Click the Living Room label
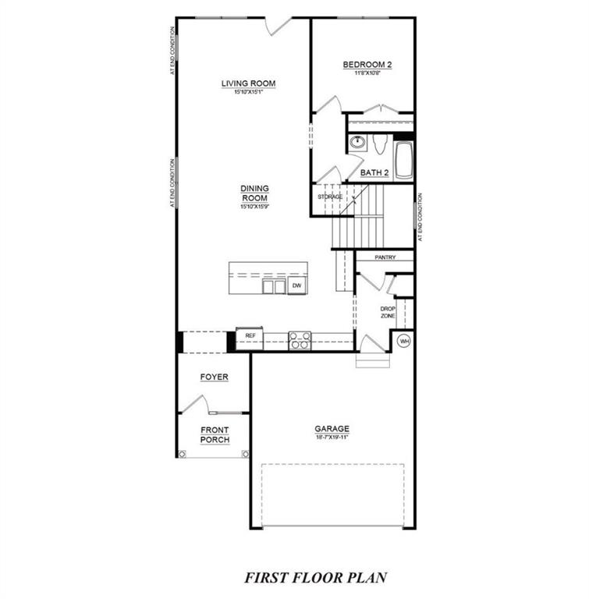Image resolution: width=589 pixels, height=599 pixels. tap(248, 84)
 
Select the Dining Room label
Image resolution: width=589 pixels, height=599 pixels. tap(254, 193)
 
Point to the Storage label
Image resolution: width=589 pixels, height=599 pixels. tap(329, 197)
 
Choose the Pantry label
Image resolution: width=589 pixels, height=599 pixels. tap(385, 257)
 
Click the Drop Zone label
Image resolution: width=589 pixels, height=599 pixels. tap(387, 311)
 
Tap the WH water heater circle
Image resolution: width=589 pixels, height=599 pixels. tap(404, 341)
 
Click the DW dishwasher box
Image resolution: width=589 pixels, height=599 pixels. tap(296, 287)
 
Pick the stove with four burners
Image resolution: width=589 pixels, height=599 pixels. tap(300, 340)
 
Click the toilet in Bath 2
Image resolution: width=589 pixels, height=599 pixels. tap(381, 145)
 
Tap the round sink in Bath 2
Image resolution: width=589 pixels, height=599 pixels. tap(358, 144)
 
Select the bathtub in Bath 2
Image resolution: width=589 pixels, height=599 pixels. tap(404, 159)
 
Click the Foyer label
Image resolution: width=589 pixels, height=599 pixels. tap(214, 377)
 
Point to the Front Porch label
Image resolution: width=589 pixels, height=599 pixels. tap(215, 434)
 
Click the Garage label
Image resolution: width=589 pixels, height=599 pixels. tap(332, 429)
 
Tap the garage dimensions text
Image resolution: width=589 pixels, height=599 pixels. tap(332, 438)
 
